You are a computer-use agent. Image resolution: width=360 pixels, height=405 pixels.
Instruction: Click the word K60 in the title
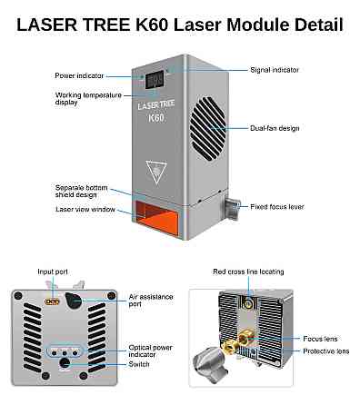pos(152,25)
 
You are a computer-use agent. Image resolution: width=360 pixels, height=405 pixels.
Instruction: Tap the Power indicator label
pos(79,75)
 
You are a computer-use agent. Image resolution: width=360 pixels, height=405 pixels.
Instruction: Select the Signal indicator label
pos(275,70)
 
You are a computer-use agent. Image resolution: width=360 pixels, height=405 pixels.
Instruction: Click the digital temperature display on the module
pos(155,80)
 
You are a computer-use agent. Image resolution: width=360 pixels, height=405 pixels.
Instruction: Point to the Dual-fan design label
pos(275,128)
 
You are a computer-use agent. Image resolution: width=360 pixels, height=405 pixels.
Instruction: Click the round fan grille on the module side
pos(208,128)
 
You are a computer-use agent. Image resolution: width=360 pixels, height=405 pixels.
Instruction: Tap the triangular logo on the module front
pos(156,172)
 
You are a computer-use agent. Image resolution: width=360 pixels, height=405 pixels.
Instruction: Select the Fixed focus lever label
pos(277,207)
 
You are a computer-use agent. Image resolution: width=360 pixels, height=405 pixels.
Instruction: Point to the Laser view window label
pos(85,209)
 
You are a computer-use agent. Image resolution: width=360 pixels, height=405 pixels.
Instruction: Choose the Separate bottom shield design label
pos(81,192)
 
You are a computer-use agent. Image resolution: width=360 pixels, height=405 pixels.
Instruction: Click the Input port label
pos(53,272)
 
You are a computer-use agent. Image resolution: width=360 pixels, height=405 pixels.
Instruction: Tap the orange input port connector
pos(52,301)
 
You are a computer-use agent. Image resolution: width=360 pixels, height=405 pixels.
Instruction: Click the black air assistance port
pos(74,301)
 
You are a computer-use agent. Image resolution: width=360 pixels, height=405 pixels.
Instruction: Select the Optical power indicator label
pos(150,351)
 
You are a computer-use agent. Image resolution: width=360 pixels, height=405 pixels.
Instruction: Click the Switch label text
pos(139,364)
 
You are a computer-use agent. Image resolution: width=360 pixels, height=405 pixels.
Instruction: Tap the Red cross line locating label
pos(248,272)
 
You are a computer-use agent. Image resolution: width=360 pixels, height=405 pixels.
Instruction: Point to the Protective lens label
pos(326,351)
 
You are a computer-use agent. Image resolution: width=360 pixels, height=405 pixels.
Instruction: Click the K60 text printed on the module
pos(156,117)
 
